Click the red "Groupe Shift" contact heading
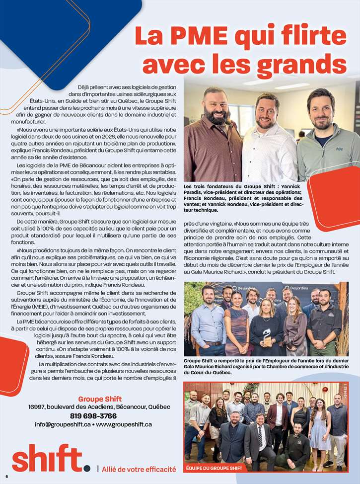(x=100, y=399)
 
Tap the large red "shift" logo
(x=47, y=458)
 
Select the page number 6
(x=7, y=476)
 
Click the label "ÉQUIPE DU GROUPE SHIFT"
(x=215, y=468)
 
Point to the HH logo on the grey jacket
(x=340, y=149)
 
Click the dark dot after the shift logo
(x=87, y=468)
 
